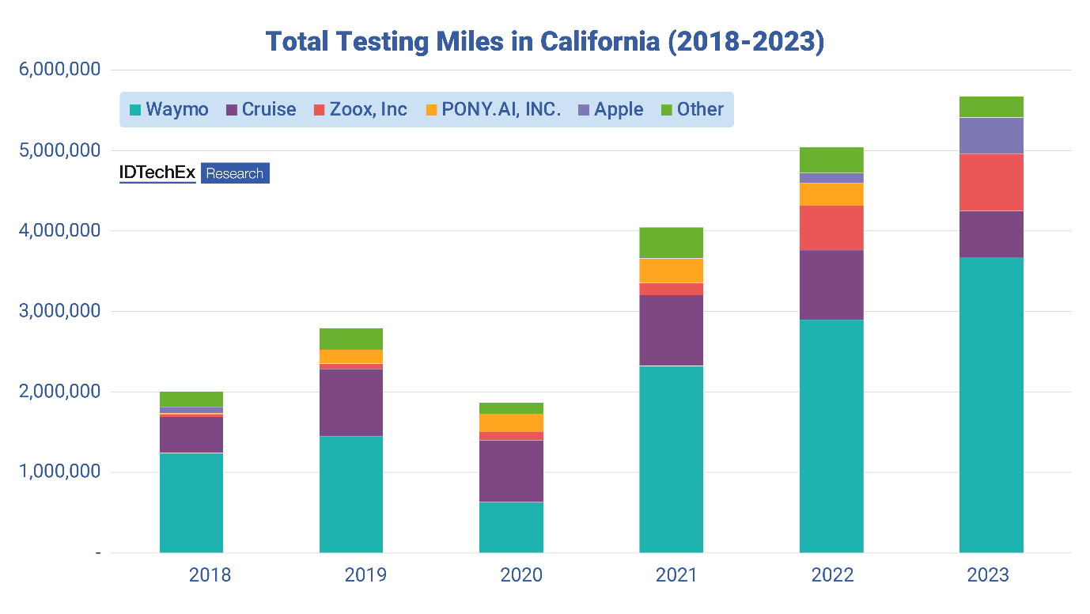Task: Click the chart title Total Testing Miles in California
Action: click(544, 42)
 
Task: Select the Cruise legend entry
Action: click(261, 109)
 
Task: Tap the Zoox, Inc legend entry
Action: click(361, 109)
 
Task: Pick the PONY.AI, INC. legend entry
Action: click(492, 109)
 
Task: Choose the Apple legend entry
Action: click(610, 109)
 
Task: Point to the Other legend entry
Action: click(691, 109)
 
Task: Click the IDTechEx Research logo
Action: click(195, 173)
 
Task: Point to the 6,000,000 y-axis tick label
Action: click(60, 70)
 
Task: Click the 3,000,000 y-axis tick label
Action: click(60, 311)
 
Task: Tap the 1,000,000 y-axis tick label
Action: click(60, 472)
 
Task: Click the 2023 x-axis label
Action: click(988, 575)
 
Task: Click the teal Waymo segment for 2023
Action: click(991, 404)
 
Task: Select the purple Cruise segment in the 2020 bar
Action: click(511, 471)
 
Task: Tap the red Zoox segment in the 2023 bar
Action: click(991, 182)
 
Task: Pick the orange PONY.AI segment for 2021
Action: click(671, 271)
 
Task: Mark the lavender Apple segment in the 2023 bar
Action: click(991, 135)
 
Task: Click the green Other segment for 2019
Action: click(351, 339)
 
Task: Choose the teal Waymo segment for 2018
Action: click(191, 502)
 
